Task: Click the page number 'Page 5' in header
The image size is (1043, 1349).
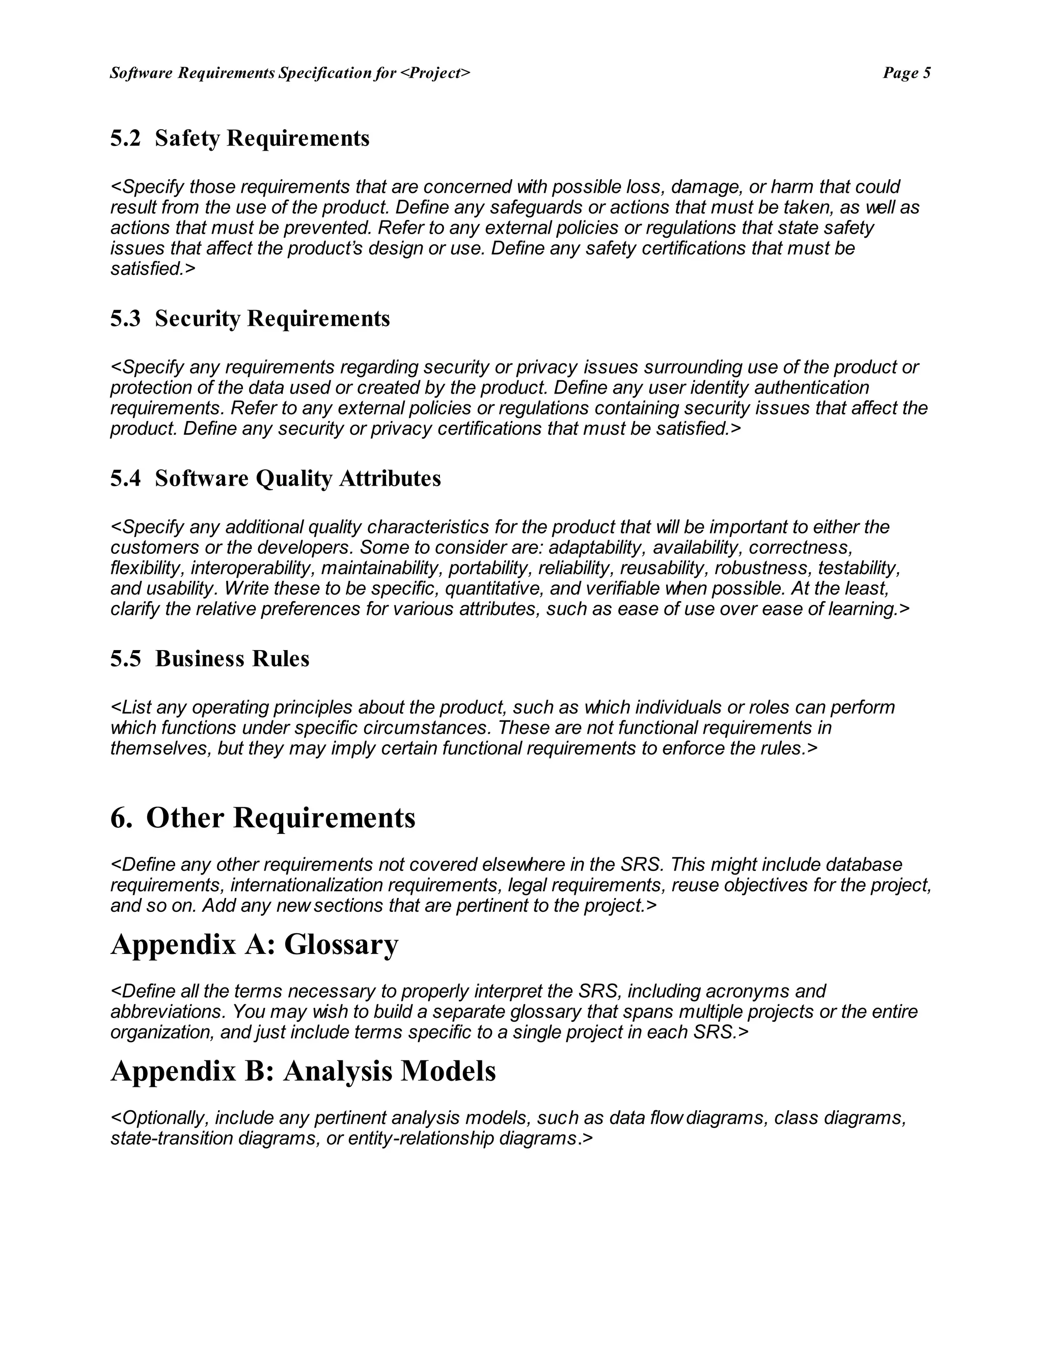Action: point(906,73)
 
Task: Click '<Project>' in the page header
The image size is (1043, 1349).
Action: point(435,73)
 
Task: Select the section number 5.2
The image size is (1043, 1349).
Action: point(125,138)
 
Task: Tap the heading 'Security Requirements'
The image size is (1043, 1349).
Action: point(272,319)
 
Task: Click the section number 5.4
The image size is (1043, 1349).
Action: point(125,479)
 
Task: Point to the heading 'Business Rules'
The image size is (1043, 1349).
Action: point(232,658)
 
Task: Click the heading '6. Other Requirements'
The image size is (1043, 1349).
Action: point(263,818)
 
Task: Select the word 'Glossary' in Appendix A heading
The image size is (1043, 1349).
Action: point(341,944)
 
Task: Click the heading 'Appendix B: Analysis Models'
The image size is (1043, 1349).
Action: point(303,1071)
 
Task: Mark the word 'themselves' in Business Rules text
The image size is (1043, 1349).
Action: point(159,749)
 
